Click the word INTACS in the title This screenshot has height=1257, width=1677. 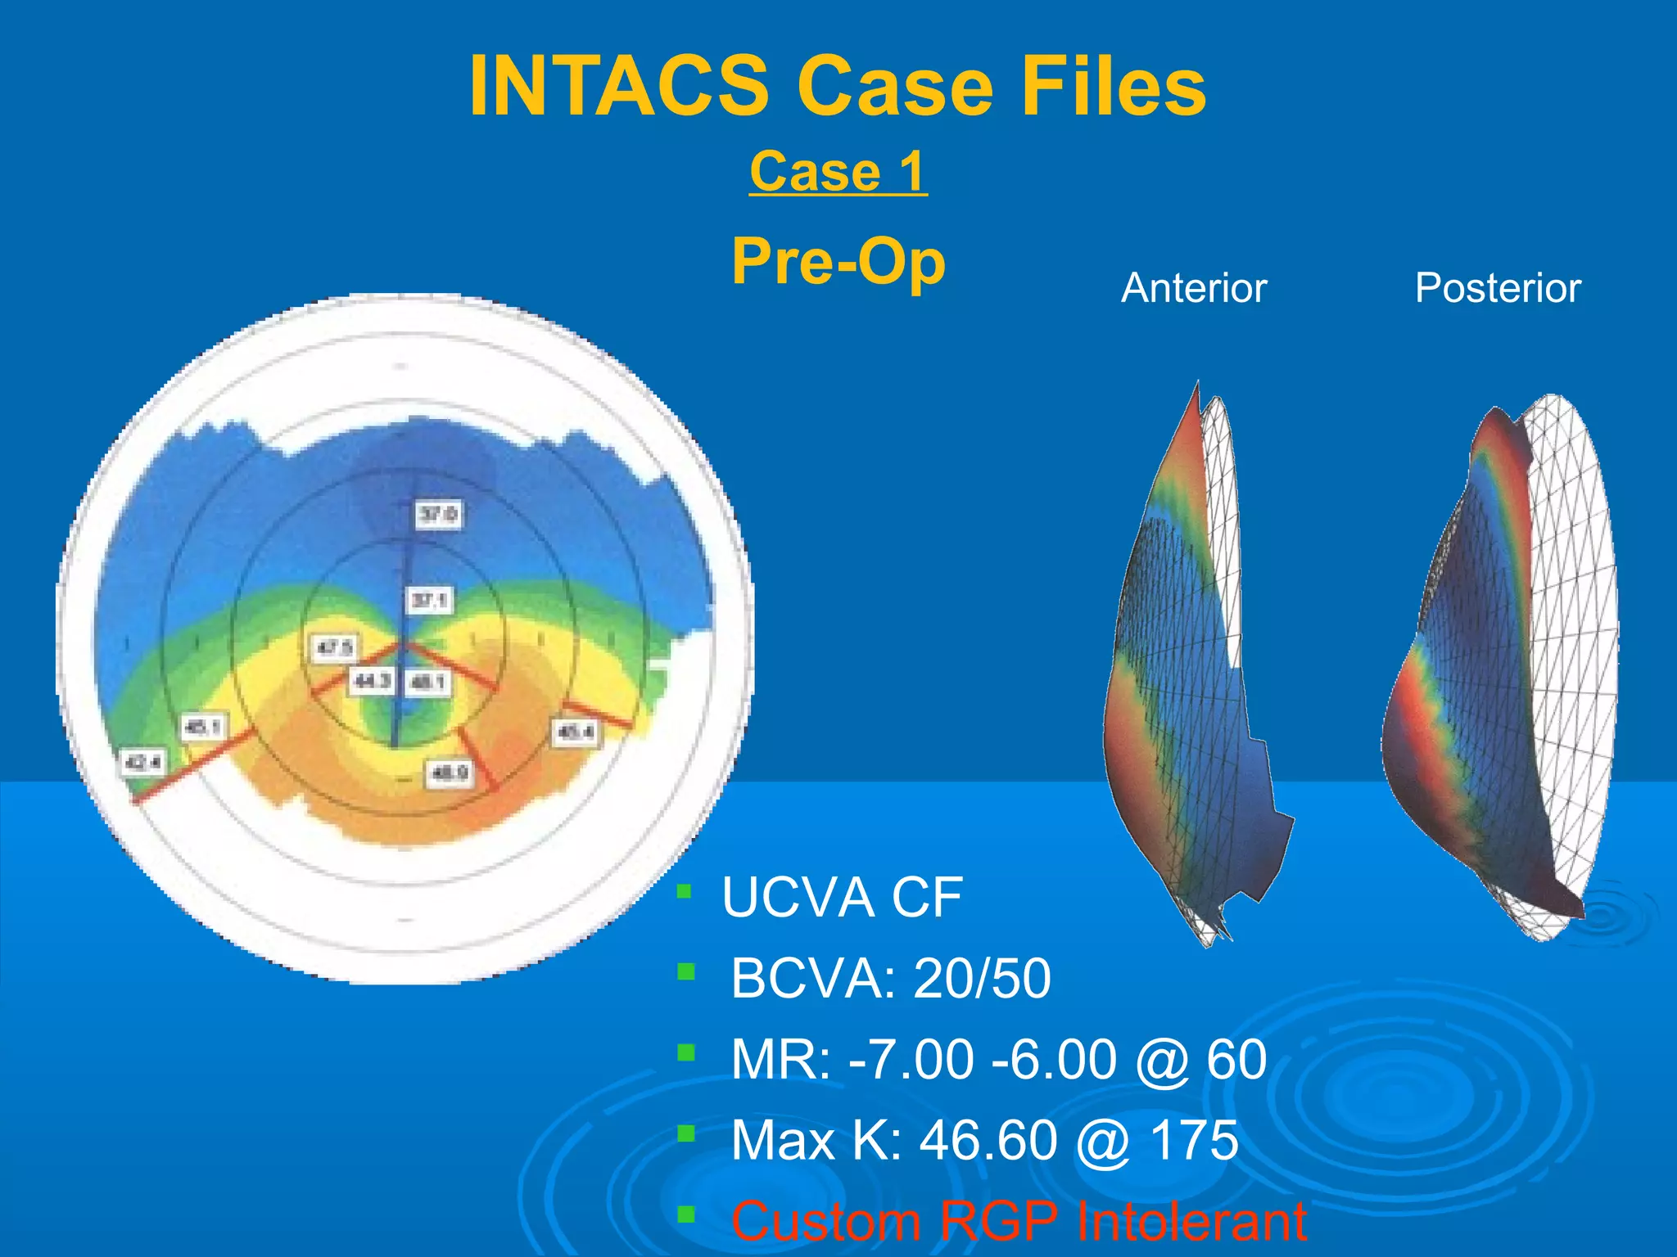[x=618, y=87]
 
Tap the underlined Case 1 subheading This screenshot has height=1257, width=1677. [x=838, y=172]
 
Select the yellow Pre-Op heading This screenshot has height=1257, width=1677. [x=838, y=262]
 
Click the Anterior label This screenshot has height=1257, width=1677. [x=1193, y=288]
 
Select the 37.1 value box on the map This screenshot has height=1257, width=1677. [x=429, y=601]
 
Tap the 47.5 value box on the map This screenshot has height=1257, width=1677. [x=334, y=648]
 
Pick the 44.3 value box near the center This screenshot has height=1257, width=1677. [x=373, y=681]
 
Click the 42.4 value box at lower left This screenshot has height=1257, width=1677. [x=142, y=763]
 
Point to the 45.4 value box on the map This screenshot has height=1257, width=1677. [x=576, y=731]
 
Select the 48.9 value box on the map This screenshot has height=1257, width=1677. [x=449, y=773]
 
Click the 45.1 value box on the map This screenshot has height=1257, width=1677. [x=201, y=727]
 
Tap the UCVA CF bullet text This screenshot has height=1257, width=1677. [x=841, y=898]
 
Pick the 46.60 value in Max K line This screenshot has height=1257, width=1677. [x=988, y=1141]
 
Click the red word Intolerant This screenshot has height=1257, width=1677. [x=1191, y=1222]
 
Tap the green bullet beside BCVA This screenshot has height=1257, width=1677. [x=686, y=972]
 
